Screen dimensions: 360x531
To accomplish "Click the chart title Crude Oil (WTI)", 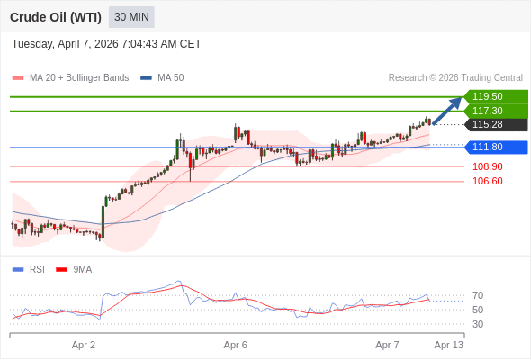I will (55, 17).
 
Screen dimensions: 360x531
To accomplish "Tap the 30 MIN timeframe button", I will (131, 17).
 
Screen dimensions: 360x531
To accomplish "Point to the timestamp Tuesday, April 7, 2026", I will (106, 44).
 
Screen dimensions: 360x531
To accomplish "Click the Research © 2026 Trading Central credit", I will (455, 78).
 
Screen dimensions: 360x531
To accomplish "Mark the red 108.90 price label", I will (487, 166).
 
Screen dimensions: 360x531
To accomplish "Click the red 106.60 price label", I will (487, 181).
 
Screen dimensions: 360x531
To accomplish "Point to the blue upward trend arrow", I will (447, 111).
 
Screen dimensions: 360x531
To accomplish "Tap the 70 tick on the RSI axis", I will (478, 295).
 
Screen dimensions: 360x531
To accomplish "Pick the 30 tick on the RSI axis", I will (478, 324).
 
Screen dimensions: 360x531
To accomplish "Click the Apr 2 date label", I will (84, 345).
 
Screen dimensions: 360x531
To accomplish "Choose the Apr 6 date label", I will (236, 345).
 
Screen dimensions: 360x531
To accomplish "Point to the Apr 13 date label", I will (448, 345).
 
